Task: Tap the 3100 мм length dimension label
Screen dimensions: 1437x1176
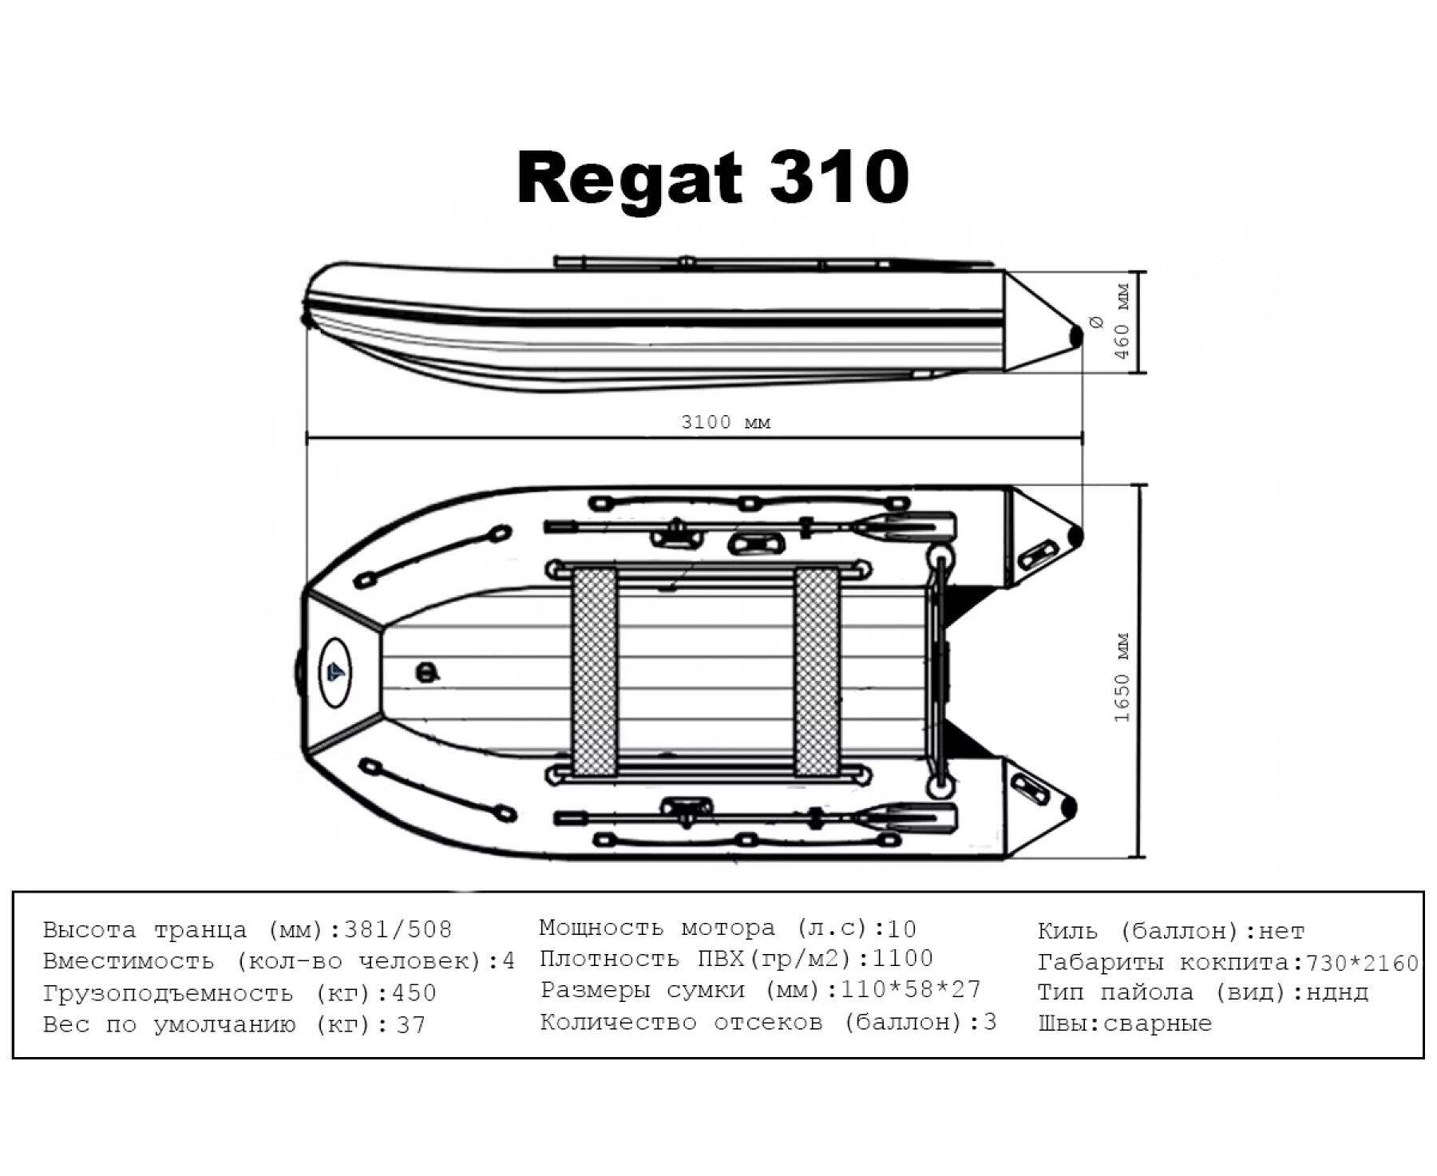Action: coord(726,422)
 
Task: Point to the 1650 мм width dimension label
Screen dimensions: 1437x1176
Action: coord(1122,678)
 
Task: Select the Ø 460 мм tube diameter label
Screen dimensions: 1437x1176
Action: coord(1110,320)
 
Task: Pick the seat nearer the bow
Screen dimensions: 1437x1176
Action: coord(595,671)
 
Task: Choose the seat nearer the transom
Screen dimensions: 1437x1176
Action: coord(817,671)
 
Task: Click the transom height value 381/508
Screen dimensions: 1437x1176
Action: coord(398,930)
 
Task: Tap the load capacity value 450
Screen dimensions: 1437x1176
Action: coord(414,993)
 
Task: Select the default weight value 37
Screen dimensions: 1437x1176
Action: coord(411,1025)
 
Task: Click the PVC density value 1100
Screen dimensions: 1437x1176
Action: coord(902,958)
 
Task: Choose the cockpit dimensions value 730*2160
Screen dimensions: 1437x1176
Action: coord(1362,964)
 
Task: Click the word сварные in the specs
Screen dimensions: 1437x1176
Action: coord(1157,1024)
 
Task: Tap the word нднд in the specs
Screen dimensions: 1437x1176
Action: coord(1337,993)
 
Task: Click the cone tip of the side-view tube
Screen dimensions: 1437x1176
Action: coord(1076,336)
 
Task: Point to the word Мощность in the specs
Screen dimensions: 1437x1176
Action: coord(601,928)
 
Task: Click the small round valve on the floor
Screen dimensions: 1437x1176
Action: coord(428,672)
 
